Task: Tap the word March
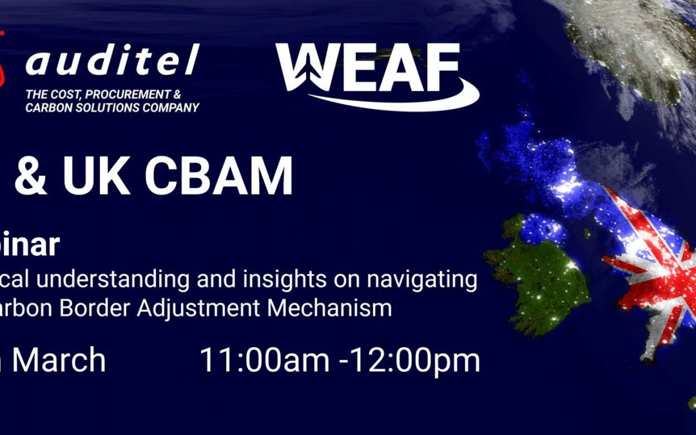click(59, 360)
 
